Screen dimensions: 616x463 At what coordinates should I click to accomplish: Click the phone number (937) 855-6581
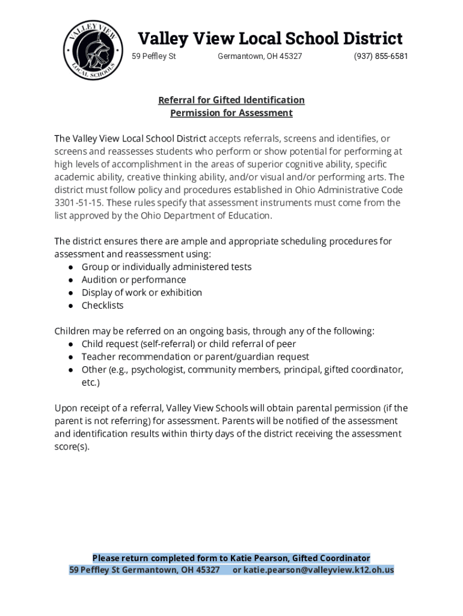pyautogui.click(x=381, y=57)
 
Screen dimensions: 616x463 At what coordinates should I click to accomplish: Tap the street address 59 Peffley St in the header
pyautogui.click(x=154, y=57)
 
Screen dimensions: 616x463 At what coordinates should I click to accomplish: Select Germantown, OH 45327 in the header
pyautogui.click(x=260, y=57)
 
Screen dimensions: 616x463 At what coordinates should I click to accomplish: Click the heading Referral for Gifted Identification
pyautogui.click(x=231, y=100)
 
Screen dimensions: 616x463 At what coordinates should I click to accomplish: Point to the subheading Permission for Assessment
pyautogui.click(x=231, y=113)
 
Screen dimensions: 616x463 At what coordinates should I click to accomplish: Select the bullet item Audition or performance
pyautogui.click(x=134, y=280)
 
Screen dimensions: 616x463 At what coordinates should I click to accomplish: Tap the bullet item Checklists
pyautogui.click(x=103, y=306)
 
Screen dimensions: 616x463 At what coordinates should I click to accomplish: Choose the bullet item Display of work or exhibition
pyautogui.click(x=142, y=292)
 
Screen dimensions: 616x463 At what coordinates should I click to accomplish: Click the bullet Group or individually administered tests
pyautogui.click(x=167, y=267)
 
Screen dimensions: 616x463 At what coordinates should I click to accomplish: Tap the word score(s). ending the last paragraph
pyautogui.click(x=72, y=447)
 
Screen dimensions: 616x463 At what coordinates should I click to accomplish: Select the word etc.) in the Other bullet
pyautogui.click(x=91, y=383)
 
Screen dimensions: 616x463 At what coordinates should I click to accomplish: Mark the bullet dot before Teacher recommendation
pyautogui.click(x=71, y=357)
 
